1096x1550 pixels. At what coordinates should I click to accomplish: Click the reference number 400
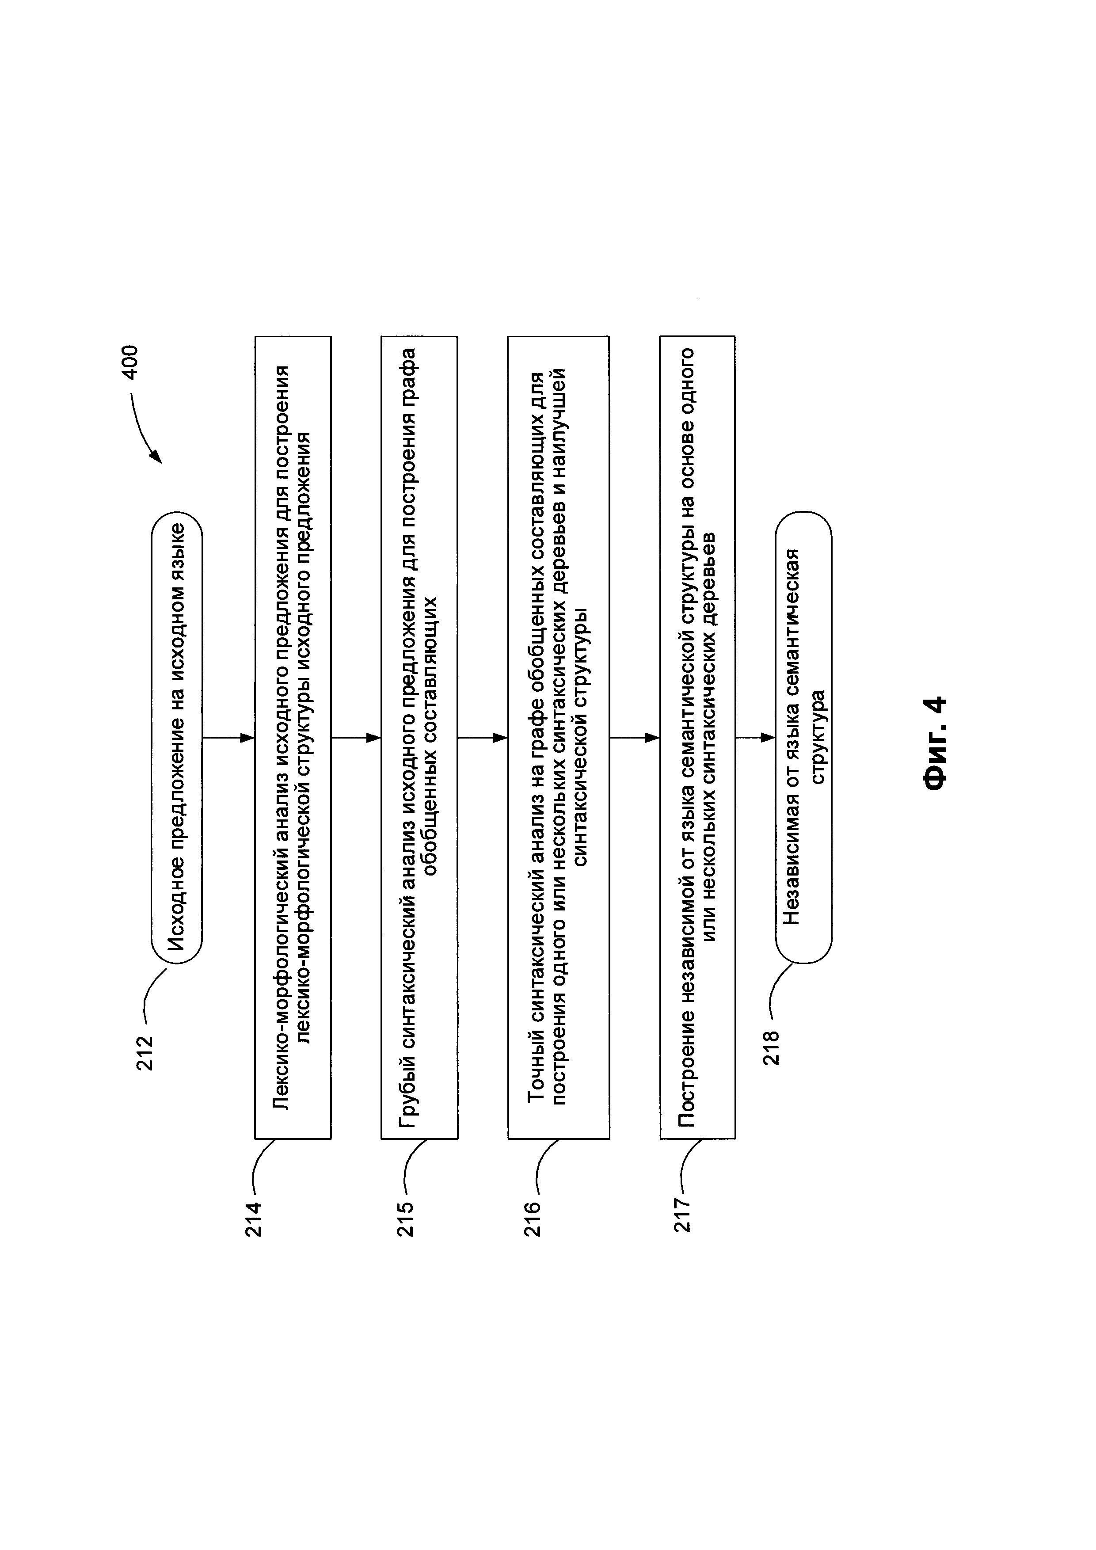click(129, 362)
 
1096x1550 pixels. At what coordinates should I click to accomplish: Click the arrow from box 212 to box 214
click(228, 738)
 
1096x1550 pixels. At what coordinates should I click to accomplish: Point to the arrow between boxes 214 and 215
click(356, 738)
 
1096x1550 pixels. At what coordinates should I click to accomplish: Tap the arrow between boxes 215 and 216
click(483, 738)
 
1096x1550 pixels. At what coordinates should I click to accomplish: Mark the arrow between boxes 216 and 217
click(634, 738)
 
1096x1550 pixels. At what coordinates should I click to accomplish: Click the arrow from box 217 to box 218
click(755, 738)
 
